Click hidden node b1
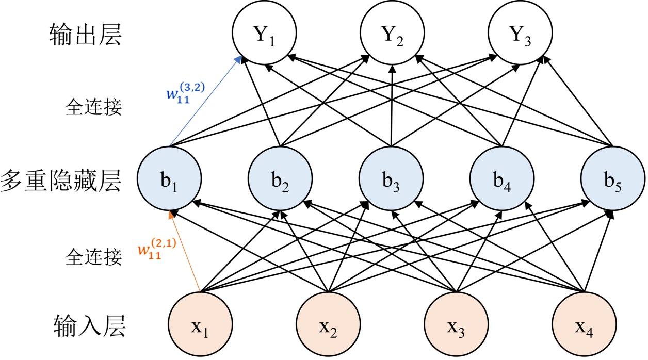point(170,178)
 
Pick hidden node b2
point(281,178)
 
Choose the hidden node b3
point(392,178)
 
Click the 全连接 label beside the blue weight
point(93,107)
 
